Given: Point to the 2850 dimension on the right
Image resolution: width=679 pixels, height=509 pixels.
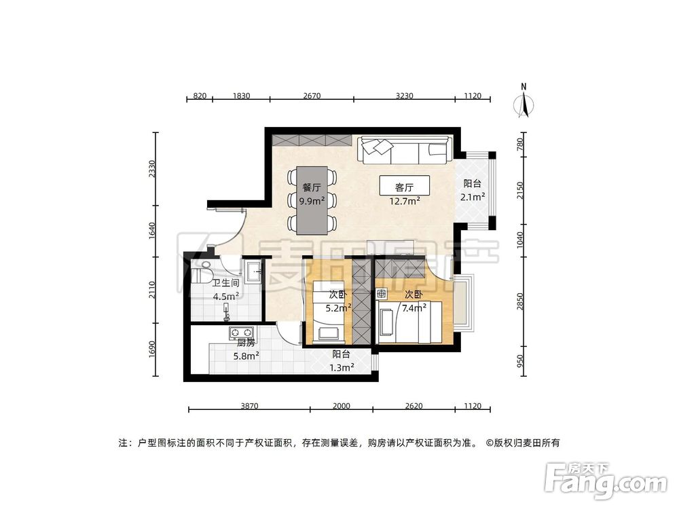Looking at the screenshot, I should click(519, 301).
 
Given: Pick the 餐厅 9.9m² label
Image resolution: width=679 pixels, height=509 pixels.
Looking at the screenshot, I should click(312, 193).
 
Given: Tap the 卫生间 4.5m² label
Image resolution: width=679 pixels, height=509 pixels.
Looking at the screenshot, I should click(225, 290).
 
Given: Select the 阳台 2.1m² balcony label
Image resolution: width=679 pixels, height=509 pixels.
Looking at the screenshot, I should click(474, 190).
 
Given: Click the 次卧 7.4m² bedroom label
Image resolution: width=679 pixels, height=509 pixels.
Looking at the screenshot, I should click(415, 301).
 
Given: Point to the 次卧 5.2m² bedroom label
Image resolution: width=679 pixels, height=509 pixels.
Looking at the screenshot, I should click(338, 301).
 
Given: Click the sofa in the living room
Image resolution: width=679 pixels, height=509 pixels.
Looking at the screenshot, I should click(405, 151).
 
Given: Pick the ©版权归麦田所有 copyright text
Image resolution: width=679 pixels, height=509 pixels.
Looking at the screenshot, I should click(523, 442).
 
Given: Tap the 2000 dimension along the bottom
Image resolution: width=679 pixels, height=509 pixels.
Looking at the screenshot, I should click(341, 405).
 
